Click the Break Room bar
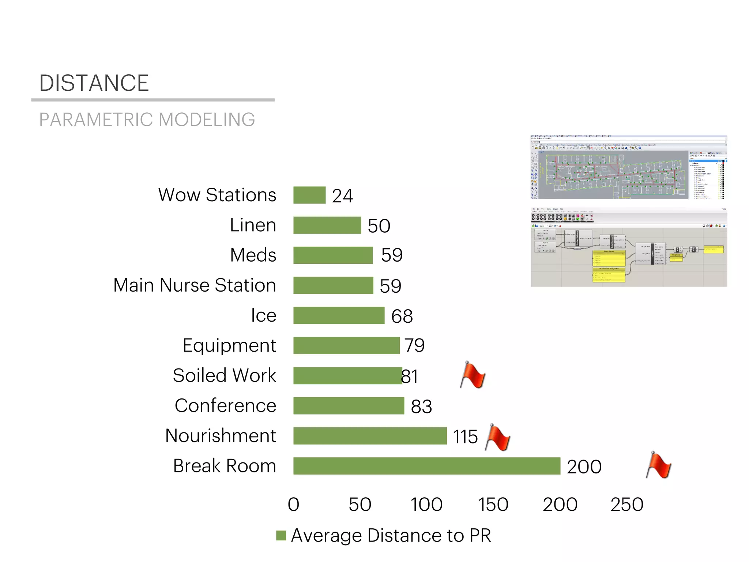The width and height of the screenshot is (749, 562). pyautogui.click(x=426, y=466)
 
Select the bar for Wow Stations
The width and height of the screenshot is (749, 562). pyautogui.click(x=309, y=195)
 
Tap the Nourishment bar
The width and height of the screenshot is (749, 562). pyautogui.click(x=370, y=436)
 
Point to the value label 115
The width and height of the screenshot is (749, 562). pyautogui.click(x=465, y=437)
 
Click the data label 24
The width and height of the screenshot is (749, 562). pyautogui.click(x=342, y=196)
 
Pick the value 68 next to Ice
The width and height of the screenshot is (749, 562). pyautogui.click(x=402, y=316)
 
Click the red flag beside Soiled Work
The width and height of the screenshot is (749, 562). pyautogui.click(x=473, y=375)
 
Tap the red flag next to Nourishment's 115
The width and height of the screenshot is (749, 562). pyautogui.click(x=498, y=437)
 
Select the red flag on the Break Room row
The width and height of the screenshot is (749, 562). pyautogui.click(x=659, y=465)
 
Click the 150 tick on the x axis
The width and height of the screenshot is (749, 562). pyautogui.click(x=493, y=505)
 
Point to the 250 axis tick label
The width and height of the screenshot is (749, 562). pyautogui.click(x=627, y=505)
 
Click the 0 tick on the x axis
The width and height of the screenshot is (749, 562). pyautogui.click(x=293, y=505)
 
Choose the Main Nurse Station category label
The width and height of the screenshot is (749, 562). pyautogui.click(x=195, y=285)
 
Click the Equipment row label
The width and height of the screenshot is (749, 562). pyautogui.click(x=229, y=346)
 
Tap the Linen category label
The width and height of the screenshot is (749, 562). pyautogui.click(x=253, y=225)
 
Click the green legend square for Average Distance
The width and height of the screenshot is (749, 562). pyautogui.click(x=281, y=535)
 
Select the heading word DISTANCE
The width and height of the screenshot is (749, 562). pyautogui.click(x=94, y=83)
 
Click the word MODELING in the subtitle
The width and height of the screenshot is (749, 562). pyautogui.click(x=207, y=120)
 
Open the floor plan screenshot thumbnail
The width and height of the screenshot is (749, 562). pyautogui.click(x=629, y=167)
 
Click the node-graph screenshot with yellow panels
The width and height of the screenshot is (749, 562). pyautogui.click(x=629, y=247)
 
